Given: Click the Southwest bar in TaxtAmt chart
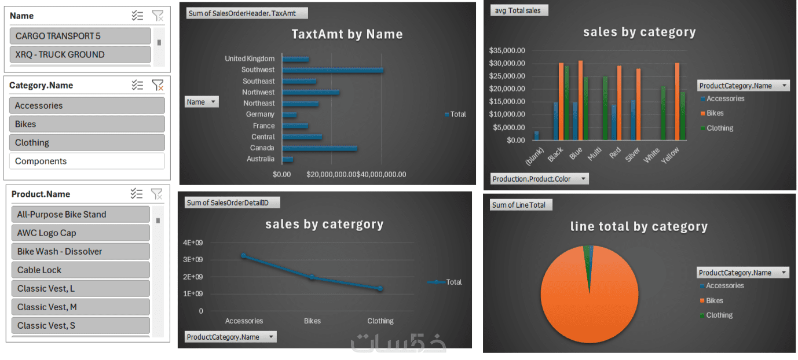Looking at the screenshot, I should point(333,70).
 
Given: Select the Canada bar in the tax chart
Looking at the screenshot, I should point(320,148).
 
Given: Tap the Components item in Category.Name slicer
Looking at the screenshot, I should point(87,161).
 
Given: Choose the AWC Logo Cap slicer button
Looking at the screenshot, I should point(80,233).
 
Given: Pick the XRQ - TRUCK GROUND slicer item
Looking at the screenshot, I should point(80,55).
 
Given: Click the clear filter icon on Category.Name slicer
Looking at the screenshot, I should point(157,86).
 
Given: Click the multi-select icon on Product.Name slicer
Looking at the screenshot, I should point(137,194).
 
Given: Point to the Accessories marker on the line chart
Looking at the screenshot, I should point(244,256).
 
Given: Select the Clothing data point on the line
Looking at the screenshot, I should point(380,288).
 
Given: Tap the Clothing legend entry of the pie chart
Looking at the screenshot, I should point(719,315).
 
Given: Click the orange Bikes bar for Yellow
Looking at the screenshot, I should point(677,101).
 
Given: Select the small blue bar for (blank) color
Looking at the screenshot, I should point(536,135).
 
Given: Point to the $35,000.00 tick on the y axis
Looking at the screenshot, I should point(507,50).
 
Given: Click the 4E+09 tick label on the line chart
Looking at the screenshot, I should point(193,243).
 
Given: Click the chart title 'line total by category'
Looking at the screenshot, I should point(639,227).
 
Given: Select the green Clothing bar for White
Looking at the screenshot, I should point(664,113).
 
